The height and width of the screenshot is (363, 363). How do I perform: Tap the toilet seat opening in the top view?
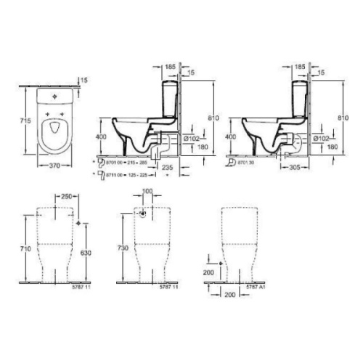pyautogui.click(x=53, y=131)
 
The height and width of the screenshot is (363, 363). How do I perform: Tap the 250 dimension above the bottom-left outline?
pyautogui.click(x=66, y=197)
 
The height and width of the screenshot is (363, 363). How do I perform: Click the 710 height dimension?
pyautogui.click(x=26, y=248)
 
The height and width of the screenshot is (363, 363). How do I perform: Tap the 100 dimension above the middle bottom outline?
pyautogui.click(x=148, y=191)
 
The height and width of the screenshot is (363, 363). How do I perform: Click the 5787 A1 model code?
pyautogui.click(x=255, y=288)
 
